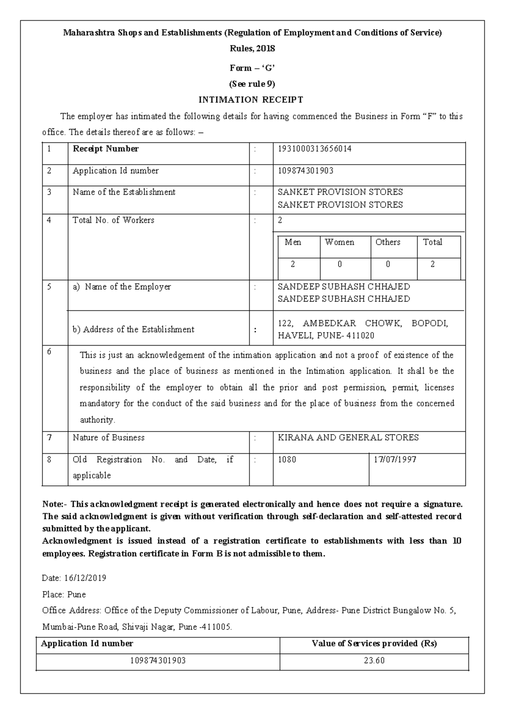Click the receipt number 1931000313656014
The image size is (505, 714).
[314, 149]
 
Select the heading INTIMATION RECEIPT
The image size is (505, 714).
[251, 100]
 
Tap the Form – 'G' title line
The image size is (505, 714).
[252, 68]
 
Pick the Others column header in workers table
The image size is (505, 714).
[388, 242]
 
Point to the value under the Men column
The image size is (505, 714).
[293, 264]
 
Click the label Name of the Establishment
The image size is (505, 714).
[124, 192]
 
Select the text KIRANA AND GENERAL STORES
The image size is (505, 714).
[348, 438]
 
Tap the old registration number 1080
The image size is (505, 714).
[287, 460]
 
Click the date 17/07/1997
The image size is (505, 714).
[395, 460]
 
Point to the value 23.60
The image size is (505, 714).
[374, 661]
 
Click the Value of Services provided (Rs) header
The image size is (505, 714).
[374, 644]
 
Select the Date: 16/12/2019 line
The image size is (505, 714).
[74, 578]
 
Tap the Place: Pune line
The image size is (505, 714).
[64, 595]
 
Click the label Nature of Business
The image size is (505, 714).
[109, 438]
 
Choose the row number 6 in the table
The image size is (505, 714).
[49, 352]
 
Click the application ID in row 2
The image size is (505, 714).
[306, 171]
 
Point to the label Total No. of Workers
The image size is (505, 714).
[114, 220]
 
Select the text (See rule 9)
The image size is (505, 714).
[252, 84]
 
